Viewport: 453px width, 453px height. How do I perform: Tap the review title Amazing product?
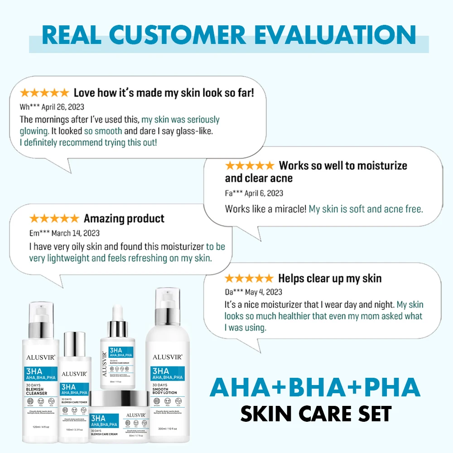tap(124, 219)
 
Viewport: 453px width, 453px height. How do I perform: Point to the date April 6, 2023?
tap(264, 193)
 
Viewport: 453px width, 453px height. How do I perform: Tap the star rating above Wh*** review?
tap(44, 93)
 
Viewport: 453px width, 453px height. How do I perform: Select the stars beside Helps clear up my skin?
tap(249, 279)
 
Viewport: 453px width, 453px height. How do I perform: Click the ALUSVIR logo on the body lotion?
tap(167, 357)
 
